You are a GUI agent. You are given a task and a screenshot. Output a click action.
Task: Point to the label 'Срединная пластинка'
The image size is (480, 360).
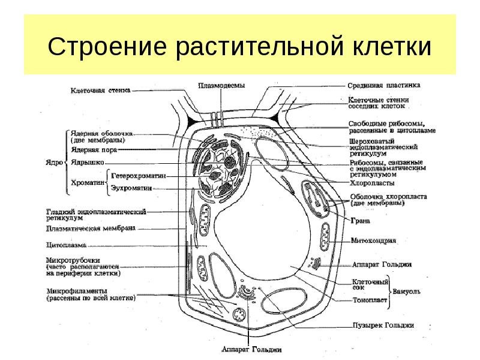click(x=385, y=85)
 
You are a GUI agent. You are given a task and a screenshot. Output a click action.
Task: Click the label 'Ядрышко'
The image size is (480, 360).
click(x=88, y=162)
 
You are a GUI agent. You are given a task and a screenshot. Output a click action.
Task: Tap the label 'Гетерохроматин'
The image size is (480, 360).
click(x=139, y=176)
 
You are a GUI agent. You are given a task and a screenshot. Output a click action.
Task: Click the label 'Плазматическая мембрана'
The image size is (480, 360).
click(x=91, y=229)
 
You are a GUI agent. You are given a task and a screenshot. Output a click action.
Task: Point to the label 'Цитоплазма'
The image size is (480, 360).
click(x=67, y=245)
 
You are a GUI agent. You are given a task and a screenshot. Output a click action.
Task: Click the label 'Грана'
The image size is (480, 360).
click(x=361, y=221)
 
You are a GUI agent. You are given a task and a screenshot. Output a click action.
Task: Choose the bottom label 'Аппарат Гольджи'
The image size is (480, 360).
click(x=251, y=349)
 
